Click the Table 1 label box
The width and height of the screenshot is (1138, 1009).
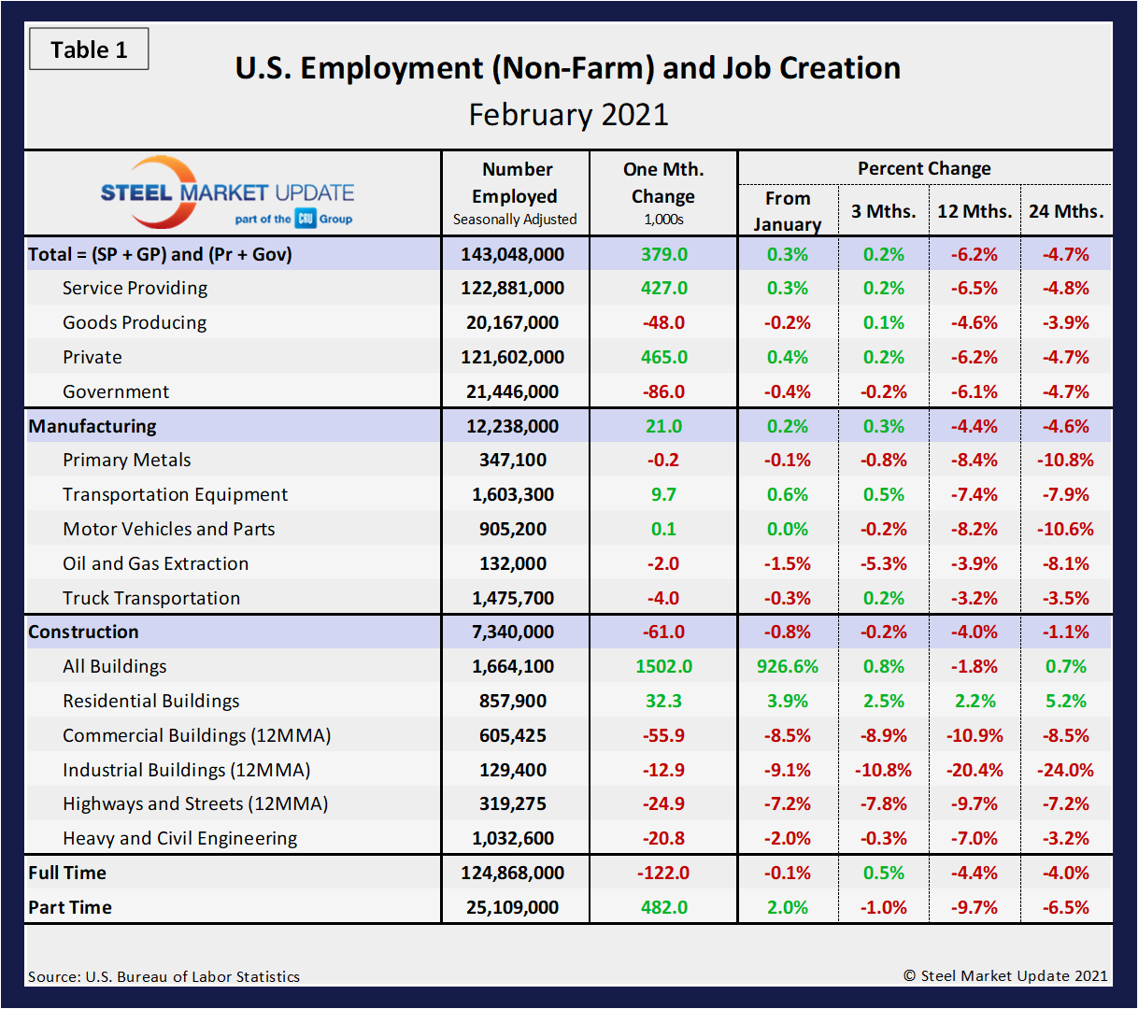tap(89, 50)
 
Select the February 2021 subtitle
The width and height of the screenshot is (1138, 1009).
tap(568, 115)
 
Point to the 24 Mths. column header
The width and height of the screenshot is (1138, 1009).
tap(1066, 211)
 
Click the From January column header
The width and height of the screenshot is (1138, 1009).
tap(788, 211)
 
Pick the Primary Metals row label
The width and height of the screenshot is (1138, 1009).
tap(127, 460)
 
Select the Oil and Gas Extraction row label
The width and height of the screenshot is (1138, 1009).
tap(155, 563)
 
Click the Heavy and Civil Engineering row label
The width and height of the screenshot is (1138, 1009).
tap(179, 838)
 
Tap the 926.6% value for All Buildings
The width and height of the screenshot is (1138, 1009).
tap(788, 666)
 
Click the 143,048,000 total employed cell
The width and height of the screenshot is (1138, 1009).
tap(512, 254)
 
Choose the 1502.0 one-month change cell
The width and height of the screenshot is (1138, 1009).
tap(663, 666)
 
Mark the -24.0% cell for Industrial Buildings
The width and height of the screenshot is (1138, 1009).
tap(1065, 770)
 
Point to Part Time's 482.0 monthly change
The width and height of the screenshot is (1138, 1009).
tap(663, 907)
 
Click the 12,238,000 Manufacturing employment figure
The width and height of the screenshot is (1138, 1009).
tap(512, 426)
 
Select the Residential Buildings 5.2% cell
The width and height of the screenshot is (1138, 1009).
tap(1065, 701)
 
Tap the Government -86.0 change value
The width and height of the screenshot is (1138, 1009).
tap(663, 391)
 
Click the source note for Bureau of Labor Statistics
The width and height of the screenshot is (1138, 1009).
tap(164, 976)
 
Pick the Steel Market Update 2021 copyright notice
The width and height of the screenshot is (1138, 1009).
tap(1005, 975)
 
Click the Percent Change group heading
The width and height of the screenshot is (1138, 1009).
tap(924, 168)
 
